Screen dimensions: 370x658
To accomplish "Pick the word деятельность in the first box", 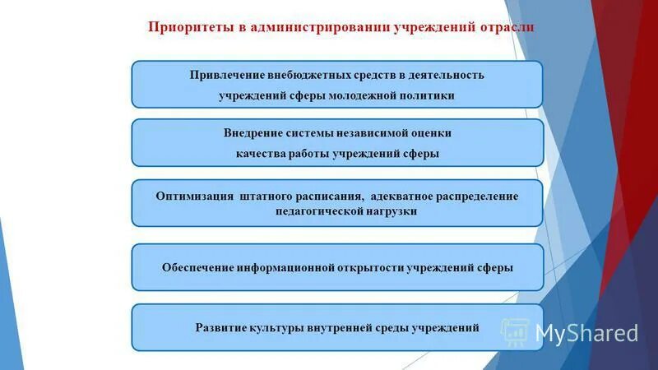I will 448,75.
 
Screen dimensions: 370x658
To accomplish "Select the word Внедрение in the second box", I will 253,132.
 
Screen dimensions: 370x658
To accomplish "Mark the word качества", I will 258,153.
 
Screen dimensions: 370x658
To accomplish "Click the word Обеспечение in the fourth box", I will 196,267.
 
